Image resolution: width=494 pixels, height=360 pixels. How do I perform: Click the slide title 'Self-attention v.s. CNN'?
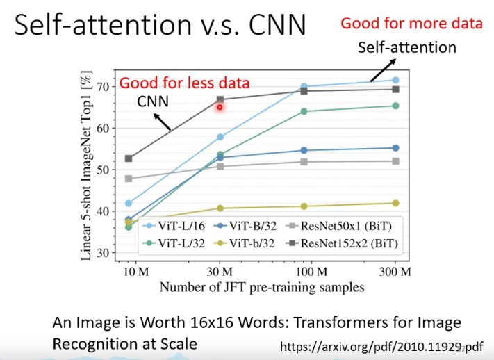click(160, 26)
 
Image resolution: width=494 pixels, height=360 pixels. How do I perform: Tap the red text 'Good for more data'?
click(411, 24)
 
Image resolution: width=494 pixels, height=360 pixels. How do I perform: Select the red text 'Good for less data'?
click(184, 83)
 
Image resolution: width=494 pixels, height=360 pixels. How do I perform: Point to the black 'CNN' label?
click(153, 101)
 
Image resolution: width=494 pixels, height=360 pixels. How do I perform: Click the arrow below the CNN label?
click(161, 122)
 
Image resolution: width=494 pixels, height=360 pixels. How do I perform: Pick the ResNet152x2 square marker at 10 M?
click(129, 158)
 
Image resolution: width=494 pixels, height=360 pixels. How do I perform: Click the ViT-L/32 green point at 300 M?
click(395, 106)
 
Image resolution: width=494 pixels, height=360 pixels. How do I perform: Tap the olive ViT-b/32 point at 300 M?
click(395, 203)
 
